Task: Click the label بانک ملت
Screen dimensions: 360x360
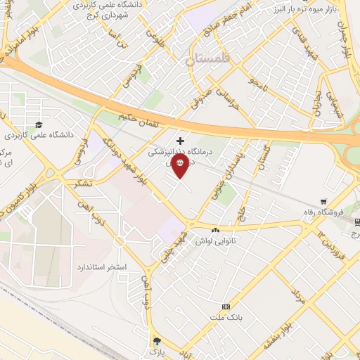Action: [226, 318]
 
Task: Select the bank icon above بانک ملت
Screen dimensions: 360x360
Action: [226, 307]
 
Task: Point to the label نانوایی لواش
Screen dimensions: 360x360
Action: [214, 240]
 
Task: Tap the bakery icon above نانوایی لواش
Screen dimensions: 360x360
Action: [214, 230]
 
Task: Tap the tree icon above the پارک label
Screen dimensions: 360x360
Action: [155, 340]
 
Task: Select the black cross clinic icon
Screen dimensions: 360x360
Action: [181, 140]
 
